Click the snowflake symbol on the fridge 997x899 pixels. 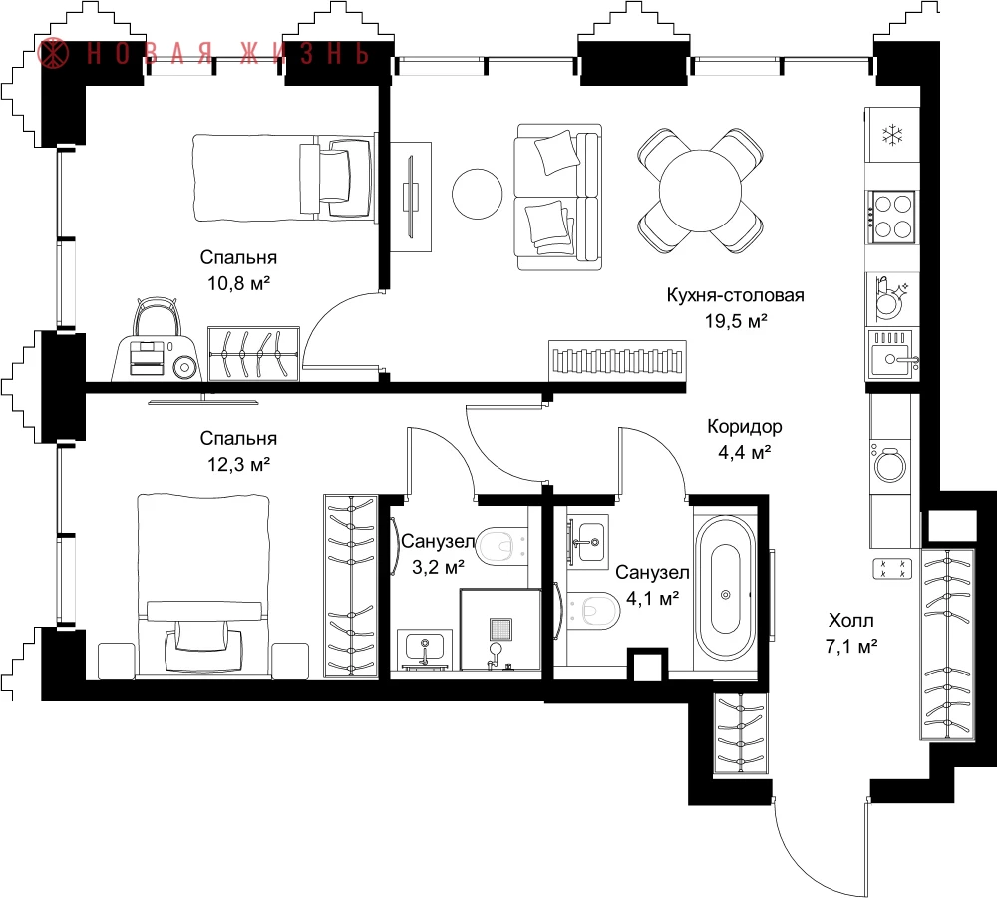[x=892, y=135]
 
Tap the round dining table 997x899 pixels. [x=700, y=191]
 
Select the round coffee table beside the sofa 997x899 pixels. [x=477, y=194]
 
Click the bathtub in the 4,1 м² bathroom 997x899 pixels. [x=726, y=594]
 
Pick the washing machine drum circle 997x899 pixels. [x=890, y=465]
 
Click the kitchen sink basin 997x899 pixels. [x=892, y=360]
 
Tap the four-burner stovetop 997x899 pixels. [x=892, y=217]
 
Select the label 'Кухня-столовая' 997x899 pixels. [x=735, y=295]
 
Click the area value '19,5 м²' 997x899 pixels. [x=736, y=321]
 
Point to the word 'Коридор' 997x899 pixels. [x=745, y=426]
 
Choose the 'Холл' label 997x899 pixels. [x=850, y=620]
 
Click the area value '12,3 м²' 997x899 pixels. [x=238, y=464]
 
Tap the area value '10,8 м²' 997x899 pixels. [x=238, y=283]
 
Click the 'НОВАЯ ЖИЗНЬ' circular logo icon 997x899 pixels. [x=53, y=53]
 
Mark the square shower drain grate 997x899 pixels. [x=500, y=629]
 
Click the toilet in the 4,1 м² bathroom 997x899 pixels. [x=593, y=610]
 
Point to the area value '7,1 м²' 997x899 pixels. [x=851, y=647]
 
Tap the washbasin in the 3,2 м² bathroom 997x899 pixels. [x=425, y=648]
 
